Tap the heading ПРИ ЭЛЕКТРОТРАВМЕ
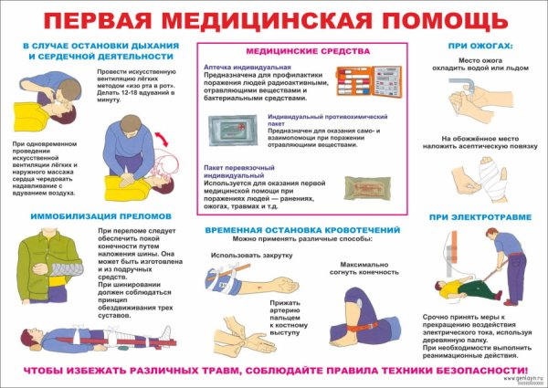coord(476,216)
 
